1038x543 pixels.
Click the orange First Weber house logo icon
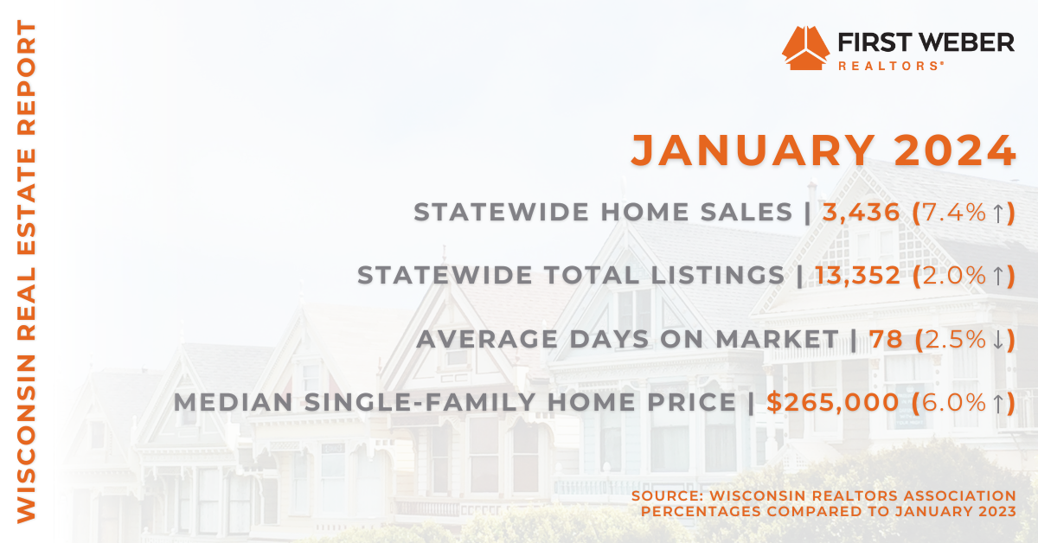click(806, 48)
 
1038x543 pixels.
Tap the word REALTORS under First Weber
click(889, 66)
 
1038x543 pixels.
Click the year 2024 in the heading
click(955, 150)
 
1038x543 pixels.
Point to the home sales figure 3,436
click(861, 212)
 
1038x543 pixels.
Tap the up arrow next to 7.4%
click(998, 213)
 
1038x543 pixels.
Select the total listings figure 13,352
click(858, 275)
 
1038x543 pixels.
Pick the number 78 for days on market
click(886, 339)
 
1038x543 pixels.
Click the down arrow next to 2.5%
click(998, 340)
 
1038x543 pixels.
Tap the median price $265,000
click(833, 402)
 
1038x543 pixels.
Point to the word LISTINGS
click(718, 275)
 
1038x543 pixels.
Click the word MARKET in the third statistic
click(778, 339)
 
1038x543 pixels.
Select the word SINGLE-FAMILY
click(420, 402)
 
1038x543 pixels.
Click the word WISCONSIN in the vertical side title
click(27, 438)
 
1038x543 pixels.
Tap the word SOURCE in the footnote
click(667, 495)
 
